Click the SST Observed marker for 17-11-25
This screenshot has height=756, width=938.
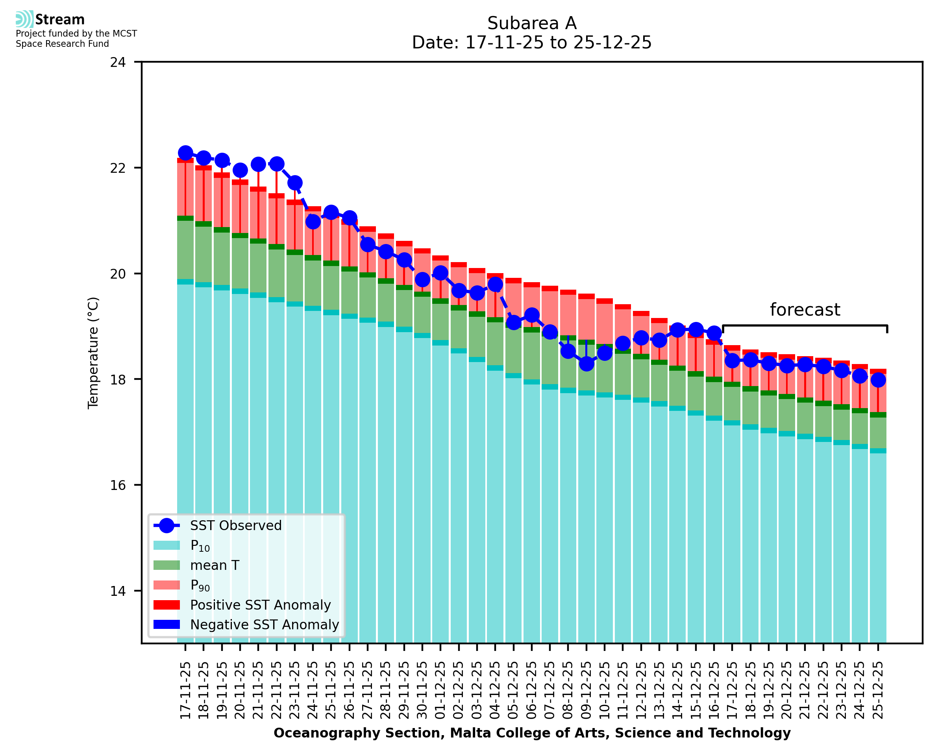tap(185, 153)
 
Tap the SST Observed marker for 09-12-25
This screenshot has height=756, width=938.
tap(586, 364)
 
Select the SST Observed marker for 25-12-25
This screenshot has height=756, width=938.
tap(878, 380)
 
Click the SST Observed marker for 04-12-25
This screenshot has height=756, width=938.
tap(495, 285)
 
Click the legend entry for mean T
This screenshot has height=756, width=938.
tap(214, 565)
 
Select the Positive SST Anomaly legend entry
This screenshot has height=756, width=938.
tap(260, 605)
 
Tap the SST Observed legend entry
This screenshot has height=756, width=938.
tap(236, 526)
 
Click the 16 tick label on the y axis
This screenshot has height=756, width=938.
tap(118, 485)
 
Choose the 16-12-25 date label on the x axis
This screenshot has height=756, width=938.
tap(714, 690)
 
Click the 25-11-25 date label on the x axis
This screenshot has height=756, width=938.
tap(331, 690)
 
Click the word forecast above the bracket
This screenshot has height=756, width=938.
tap(805, 310)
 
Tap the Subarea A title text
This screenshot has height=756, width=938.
tap(532, 23)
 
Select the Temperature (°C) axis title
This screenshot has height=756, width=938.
tap(93, 353)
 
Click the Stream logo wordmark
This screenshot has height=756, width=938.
tap(60, 20)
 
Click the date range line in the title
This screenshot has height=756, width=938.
tap(532, 43)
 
